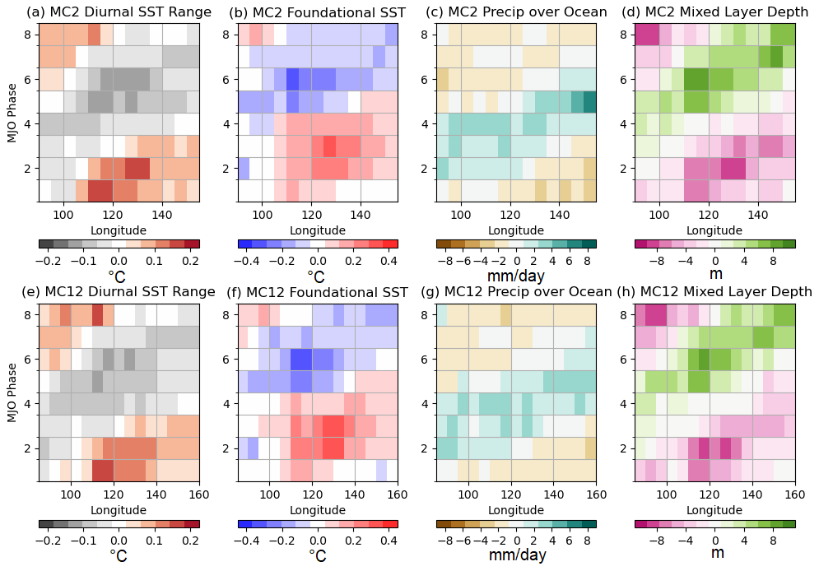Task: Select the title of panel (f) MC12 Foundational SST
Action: coord(318,292)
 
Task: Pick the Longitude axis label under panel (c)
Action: coord(515,230)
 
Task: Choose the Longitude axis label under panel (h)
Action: coord(714,510)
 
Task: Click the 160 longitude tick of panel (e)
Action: coord(199,495)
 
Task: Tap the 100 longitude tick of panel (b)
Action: coord(263,215)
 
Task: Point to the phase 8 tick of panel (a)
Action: coord(28,35)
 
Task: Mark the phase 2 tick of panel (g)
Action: coord(425,448)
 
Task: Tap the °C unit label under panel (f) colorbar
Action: coord(317,555)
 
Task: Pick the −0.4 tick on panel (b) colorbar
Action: coord(244,259)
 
